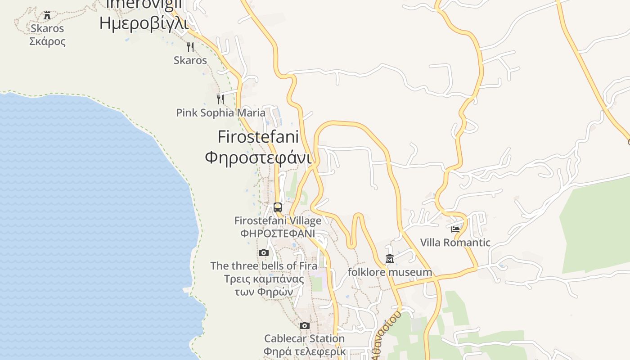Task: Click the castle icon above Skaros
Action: (x=47, y=16)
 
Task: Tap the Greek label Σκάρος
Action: (x=48, y=41)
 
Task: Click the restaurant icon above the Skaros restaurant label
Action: (x=190, y=47)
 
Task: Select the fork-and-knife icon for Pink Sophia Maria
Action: (x=220, y=99)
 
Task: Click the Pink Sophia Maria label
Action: (x=220, y=112)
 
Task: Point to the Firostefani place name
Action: (x=258, y=136)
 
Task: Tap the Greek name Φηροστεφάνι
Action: (x=258, y=157)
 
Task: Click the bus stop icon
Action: (x=278, y=207)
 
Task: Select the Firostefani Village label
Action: (x=278, y=220)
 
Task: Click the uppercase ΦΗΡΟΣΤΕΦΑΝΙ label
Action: (x=278, y=234)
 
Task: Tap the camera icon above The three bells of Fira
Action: (x=264, y=253)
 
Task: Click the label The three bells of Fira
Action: (x=264, y=265)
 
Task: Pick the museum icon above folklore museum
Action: (x=390, y=259)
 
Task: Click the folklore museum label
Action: (x=390, y=272)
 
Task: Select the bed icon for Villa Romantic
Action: (x=455, y=229)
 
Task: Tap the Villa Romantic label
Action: (x=455, y=243)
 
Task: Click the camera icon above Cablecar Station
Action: (x=305, y=325)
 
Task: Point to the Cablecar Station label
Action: (x=305, y=338)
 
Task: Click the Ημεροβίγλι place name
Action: (x=144, y=22)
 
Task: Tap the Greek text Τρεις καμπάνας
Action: (x=264, y=279)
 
